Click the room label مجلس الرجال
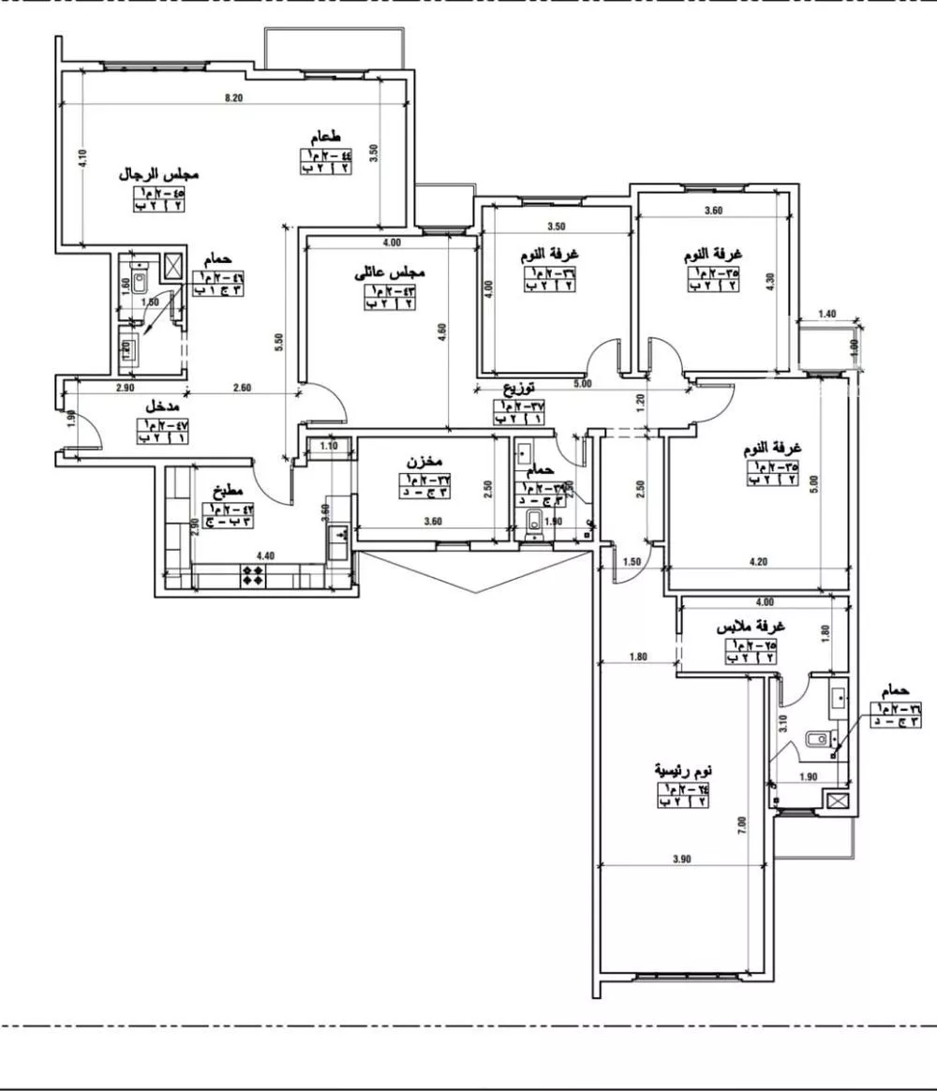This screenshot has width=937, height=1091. coord(160,175)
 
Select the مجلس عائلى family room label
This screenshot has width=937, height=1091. coord(390,273)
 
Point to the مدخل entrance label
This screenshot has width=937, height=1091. coord(164,408)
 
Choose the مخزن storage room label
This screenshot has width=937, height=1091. coord(424,463)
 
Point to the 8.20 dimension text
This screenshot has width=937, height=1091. coord(234,98)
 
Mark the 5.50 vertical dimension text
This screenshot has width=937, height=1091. coord(279,344)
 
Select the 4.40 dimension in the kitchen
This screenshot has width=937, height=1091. coord(265,554)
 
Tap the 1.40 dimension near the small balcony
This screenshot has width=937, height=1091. coord(826,315)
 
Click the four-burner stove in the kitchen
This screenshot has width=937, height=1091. coord(253,575)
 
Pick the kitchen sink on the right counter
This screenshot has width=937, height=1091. coord(336,540)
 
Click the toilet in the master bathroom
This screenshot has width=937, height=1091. coord(819,739)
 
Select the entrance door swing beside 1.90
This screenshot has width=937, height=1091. coord(89,435)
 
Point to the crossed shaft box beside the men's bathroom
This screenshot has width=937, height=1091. coord(173,265)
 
